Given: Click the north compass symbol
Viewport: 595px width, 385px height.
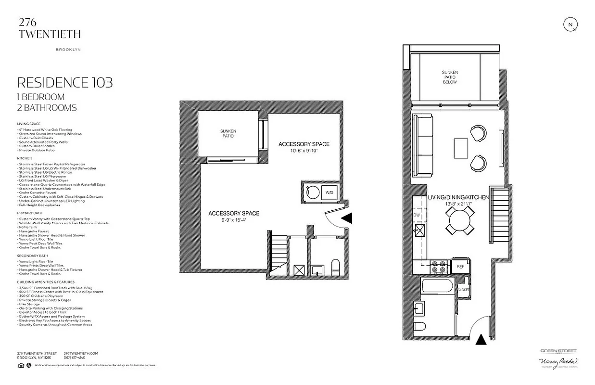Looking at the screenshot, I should click(x=570, y=25).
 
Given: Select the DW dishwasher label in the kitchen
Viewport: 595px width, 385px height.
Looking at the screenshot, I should click(x=417, y=215).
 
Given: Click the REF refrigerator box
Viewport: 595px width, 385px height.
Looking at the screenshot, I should click(x=460, y=266).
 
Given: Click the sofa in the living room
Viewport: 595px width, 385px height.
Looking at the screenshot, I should click(x=423, y=145).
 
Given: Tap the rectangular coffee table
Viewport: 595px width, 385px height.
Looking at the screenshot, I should click(x=460, y=148).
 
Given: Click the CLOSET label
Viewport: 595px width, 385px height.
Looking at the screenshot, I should click(x=464, y=290).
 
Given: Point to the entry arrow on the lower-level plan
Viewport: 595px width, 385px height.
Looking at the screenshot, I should click(x=347, y=218).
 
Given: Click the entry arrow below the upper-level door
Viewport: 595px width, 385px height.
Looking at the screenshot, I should click(x=480, y=340).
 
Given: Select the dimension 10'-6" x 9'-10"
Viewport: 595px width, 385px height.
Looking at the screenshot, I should click(x=304, y=151).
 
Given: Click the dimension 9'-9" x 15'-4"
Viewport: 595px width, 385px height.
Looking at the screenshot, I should click(x=233, y=220).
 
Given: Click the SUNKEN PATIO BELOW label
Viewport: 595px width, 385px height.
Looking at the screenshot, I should click(x=450, y=77).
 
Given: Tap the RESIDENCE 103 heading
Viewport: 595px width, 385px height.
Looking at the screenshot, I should click(x=65, y=83).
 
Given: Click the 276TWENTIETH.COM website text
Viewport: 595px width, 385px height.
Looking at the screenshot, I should click(x=81, y=353).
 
